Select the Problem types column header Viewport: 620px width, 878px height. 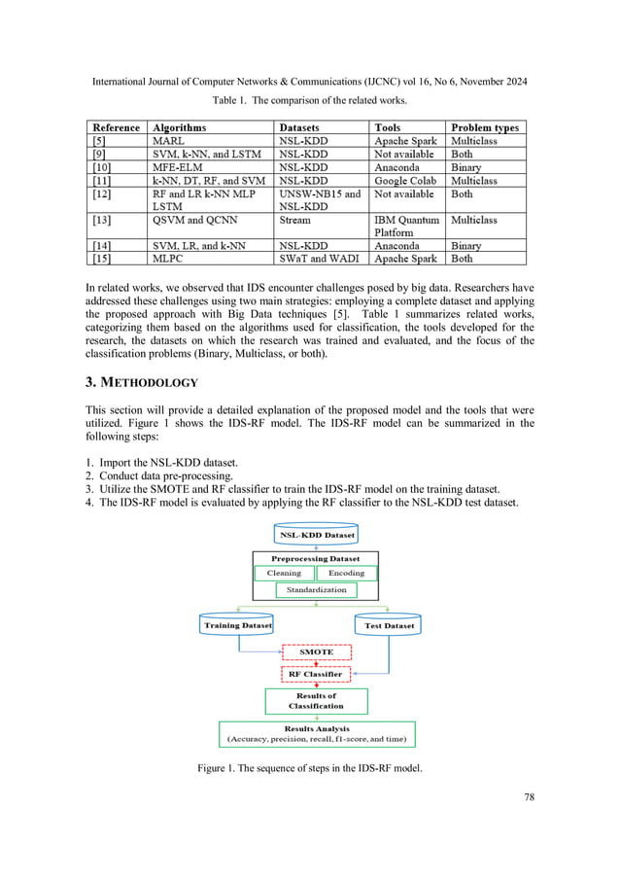point(484,127)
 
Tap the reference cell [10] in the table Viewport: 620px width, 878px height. point(100,167)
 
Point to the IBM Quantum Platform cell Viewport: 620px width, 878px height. point(407,227)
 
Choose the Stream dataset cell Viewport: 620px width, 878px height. point(295,221)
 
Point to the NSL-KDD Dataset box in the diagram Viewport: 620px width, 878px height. point(317,535)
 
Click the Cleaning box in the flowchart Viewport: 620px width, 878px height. point(284,573)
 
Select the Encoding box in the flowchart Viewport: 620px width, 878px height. point(346,573)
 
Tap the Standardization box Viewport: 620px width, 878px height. point(316,590)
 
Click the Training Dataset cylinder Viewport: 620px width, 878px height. point(236,625)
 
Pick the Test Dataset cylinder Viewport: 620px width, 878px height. point(389,625)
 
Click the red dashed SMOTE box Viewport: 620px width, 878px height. point(315,651)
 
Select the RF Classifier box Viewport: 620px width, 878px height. point(315,673)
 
